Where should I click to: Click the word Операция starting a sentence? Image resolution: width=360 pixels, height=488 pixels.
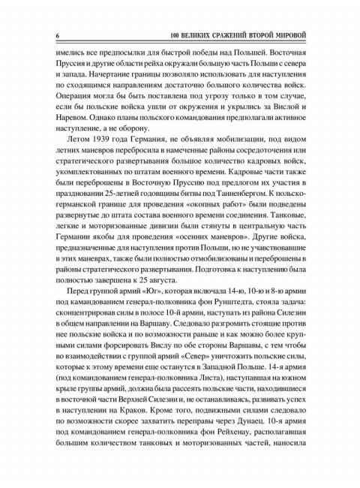click(76, 104)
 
